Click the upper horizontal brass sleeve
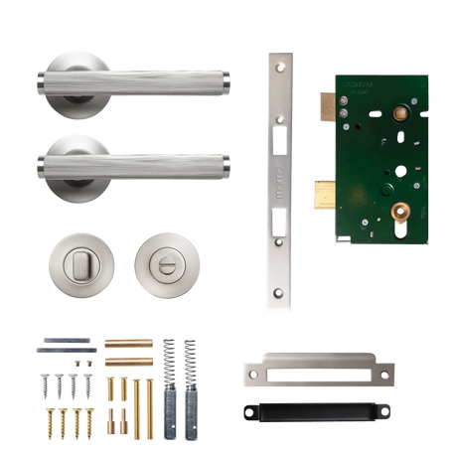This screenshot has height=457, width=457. point(128,344)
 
